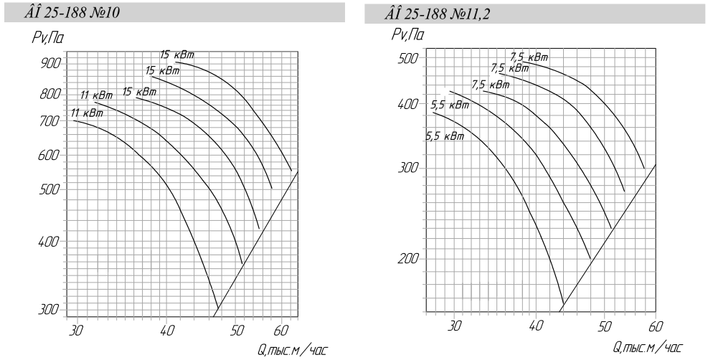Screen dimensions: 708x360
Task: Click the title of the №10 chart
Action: pyautogui.click(x=72, y=13)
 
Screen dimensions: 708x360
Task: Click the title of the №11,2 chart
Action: pyautogui.click(x=438, y=14)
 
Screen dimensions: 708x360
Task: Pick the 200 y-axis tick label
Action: pyautogui.click(x=409, y=259)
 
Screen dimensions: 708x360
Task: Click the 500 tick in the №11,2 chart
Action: pyautogui.click(x=409, y=58)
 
